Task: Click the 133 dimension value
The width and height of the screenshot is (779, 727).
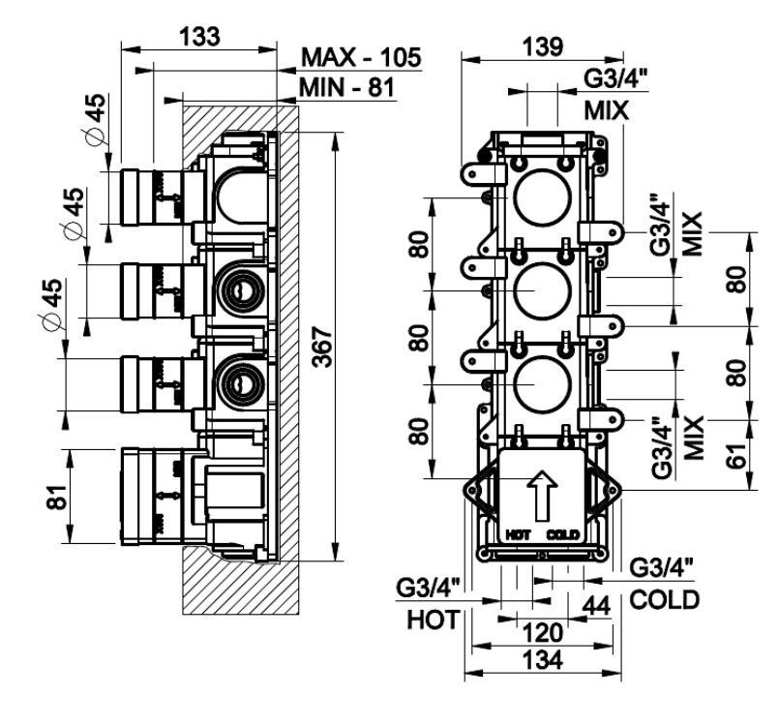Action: coord(199,35)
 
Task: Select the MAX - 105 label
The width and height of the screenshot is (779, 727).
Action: coord(361,57)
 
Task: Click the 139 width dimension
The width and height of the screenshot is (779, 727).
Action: coord(541,45)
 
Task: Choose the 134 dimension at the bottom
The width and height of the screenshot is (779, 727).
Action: coord(543,660)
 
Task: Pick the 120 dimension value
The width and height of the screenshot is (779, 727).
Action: coord(541,633)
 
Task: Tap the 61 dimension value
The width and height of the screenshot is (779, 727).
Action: coord(736,450)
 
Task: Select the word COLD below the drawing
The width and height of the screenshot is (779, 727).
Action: coord(664,600)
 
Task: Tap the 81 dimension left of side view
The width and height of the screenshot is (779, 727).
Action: coord(56,498)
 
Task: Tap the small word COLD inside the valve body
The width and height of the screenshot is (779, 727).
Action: coord(561,534)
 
